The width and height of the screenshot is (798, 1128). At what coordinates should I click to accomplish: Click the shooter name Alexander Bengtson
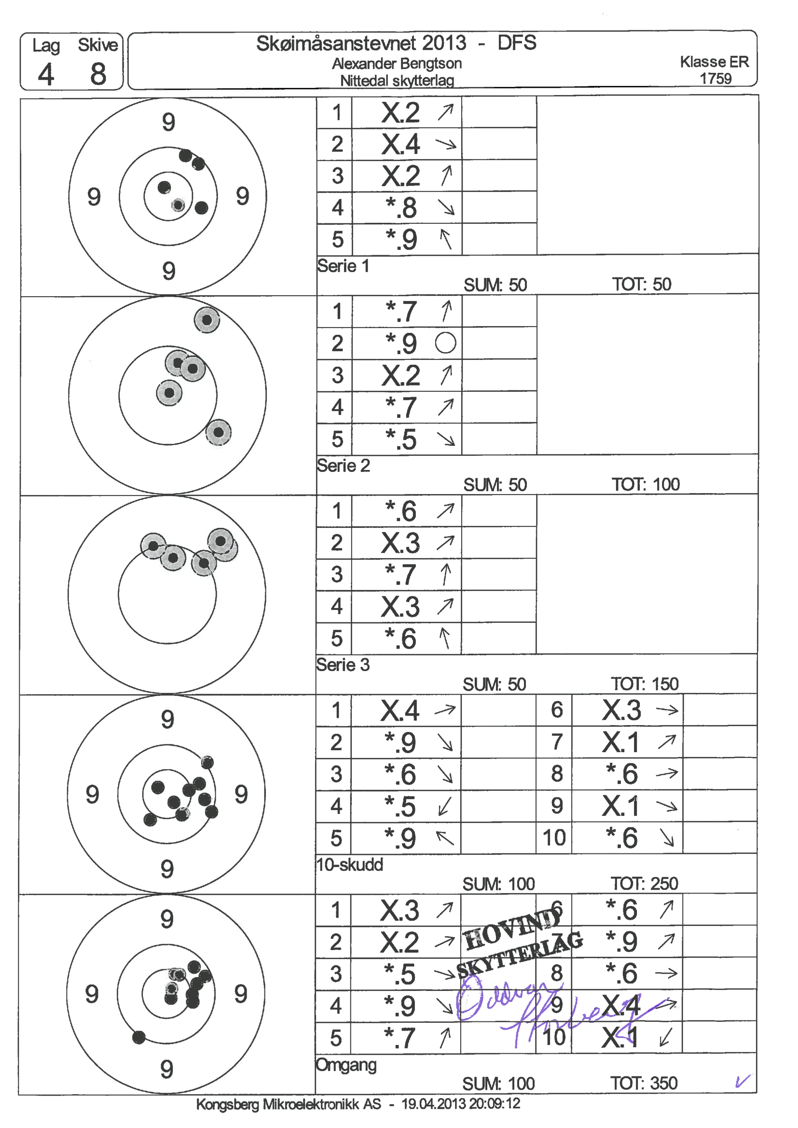click(397, 63)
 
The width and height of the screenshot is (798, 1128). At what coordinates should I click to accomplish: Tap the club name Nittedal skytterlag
click(397, 80)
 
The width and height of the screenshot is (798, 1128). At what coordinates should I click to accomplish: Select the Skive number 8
click(98, 74)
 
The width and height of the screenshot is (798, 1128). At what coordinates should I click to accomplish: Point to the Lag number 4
click(46, 75)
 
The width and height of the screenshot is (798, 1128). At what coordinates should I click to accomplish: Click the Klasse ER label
click(714, 62)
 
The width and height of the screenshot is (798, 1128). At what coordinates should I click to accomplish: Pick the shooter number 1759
click(715, 79)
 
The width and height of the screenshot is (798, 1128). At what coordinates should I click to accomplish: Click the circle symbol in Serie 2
click(445, 343)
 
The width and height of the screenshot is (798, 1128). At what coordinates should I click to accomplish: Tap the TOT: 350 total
click(644, 1083)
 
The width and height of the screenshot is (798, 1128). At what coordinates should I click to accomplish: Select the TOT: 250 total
click(644, 883)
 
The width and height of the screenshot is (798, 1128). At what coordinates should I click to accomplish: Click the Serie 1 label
click(343, 266)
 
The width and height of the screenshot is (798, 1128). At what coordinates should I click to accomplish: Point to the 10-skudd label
click(349, 864)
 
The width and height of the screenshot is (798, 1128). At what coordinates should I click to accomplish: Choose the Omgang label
click(346, 1065)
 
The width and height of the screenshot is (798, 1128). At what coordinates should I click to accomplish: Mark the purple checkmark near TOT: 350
click(743, 1081)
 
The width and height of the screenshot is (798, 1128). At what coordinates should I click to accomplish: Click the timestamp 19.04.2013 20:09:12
click(460, 1104)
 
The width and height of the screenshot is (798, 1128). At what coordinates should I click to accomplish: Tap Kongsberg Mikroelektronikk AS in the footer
click(289, 1104)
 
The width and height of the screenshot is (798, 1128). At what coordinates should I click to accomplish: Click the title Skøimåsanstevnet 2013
click(361, 43)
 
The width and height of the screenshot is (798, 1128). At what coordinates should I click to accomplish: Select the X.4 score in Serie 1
click(400, 144)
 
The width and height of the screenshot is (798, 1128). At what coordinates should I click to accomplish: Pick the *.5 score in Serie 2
click(400, 439)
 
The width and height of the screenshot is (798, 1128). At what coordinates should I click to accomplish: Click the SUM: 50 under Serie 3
click(494, 684)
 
